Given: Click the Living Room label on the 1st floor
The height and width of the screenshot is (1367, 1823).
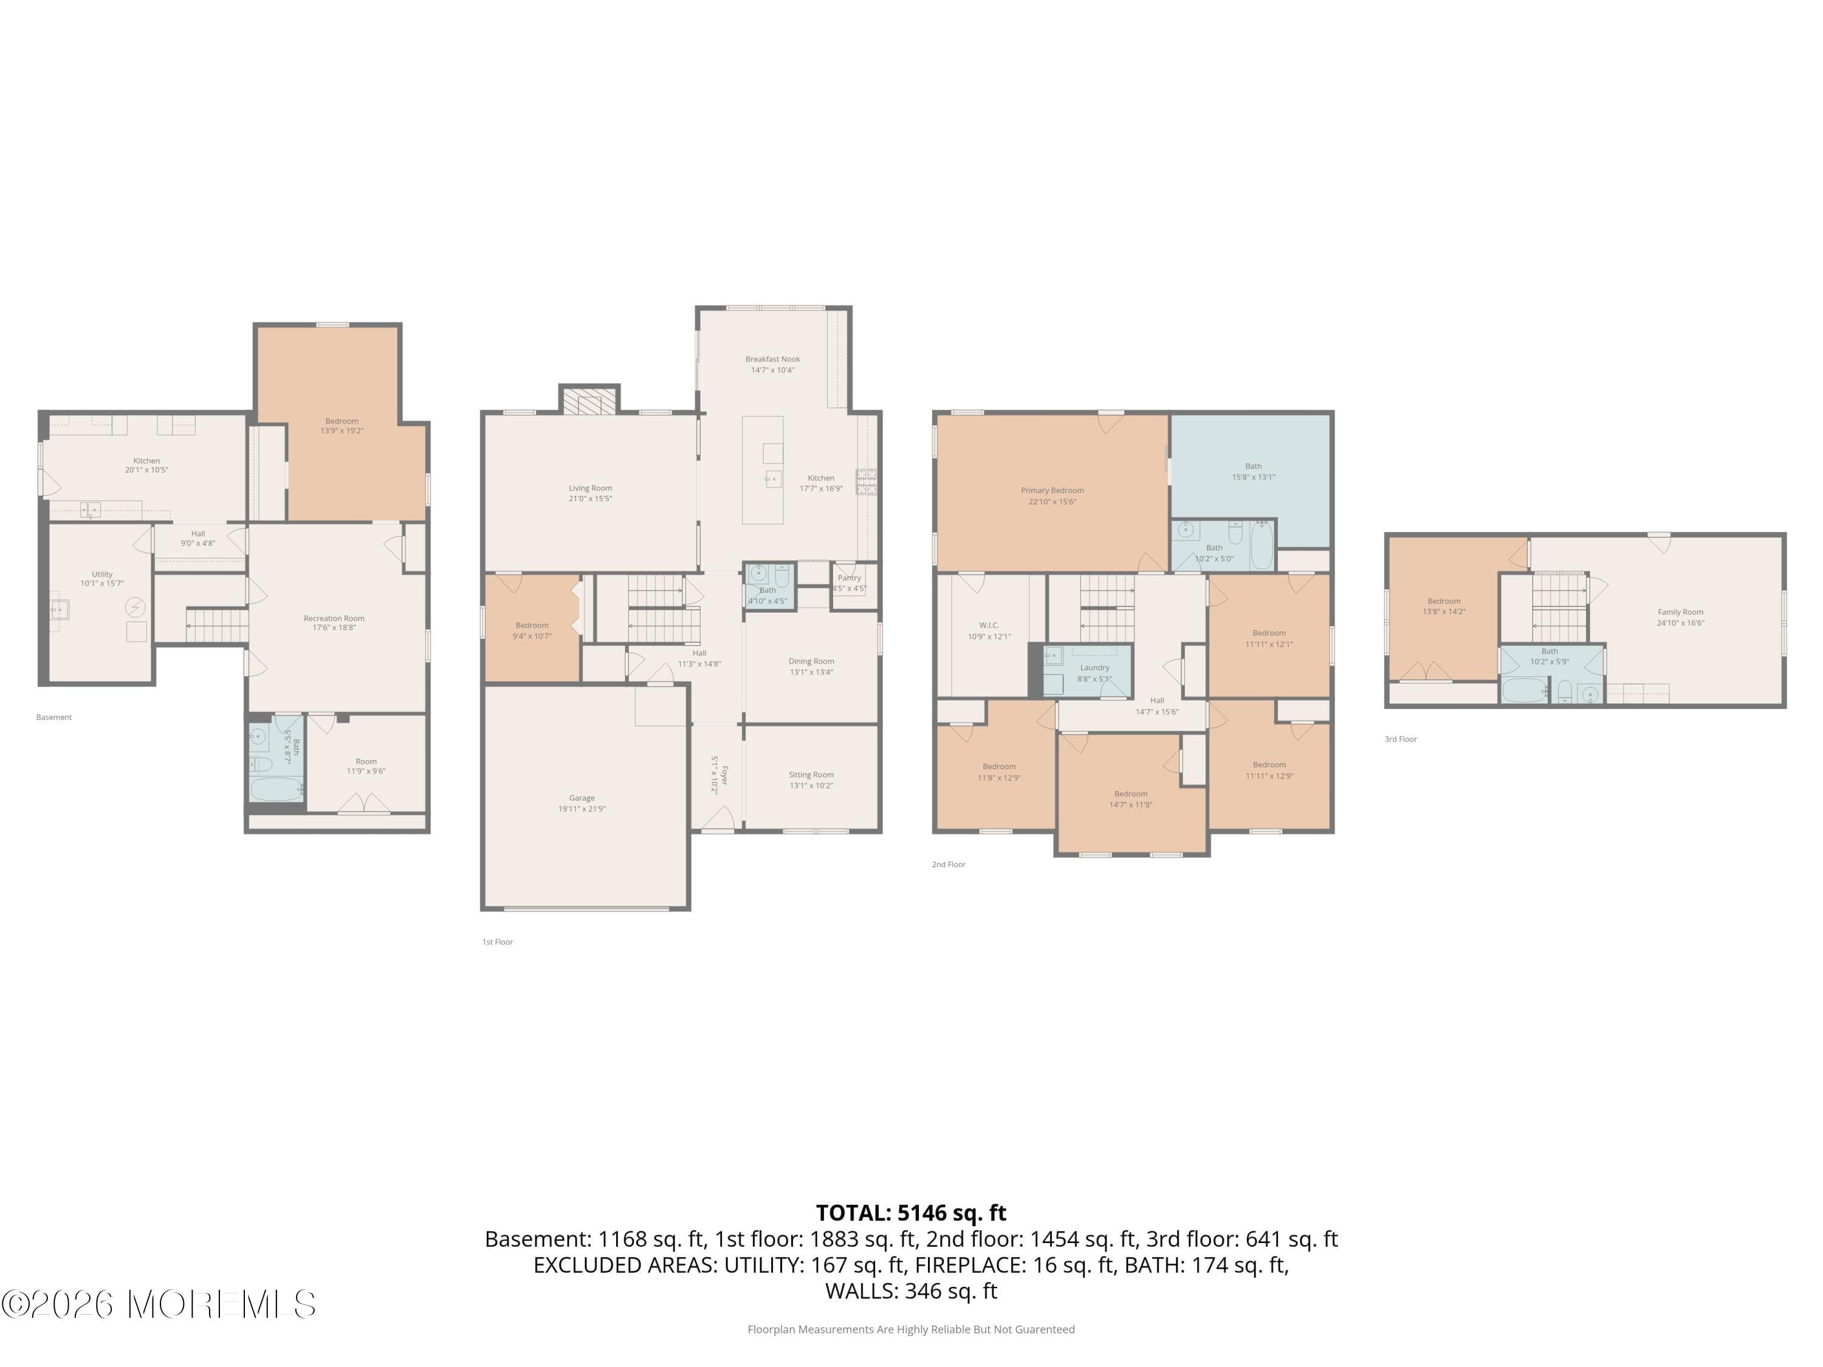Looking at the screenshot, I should click(590, 488).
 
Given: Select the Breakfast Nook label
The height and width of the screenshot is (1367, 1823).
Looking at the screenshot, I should click(772, 359).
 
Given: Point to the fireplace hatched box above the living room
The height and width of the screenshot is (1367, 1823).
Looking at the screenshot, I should click(590, 401).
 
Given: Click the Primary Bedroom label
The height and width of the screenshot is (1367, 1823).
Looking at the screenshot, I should click(1052, 490).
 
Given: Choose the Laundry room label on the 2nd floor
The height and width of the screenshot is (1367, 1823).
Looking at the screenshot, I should click(1094, 668).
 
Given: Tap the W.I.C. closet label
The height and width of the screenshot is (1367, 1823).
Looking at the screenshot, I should click(989, 625).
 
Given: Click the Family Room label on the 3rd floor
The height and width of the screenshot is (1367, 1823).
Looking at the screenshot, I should click(1680, 612).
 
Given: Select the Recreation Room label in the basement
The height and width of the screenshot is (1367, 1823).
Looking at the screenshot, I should click(334, 618).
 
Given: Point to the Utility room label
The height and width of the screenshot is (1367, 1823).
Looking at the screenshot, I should click(102, 574).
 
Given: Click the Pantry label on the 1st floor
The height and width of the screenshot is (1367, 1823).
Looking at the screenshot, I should click(849, 578).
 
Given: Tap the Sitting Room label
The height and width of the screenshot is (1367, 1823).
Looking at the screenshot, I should click(811, 775).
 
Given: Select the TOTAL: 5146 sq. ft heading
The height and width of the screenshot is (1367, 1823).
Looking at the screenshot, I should click(911, 1213).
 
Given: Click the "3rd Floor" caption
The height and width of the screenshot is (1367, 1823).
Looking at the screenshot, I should click(1400, 739).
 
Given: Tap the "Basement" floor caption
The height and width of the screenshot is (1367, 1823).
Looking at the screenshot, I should click(55, 718).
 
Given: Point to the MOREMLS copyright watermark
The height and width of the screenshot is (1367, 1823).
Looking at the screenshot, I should click(158, 1304).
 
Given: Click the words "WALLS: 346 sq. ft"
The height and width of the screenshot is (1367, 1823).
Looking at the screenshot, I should click(911, 1291).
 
